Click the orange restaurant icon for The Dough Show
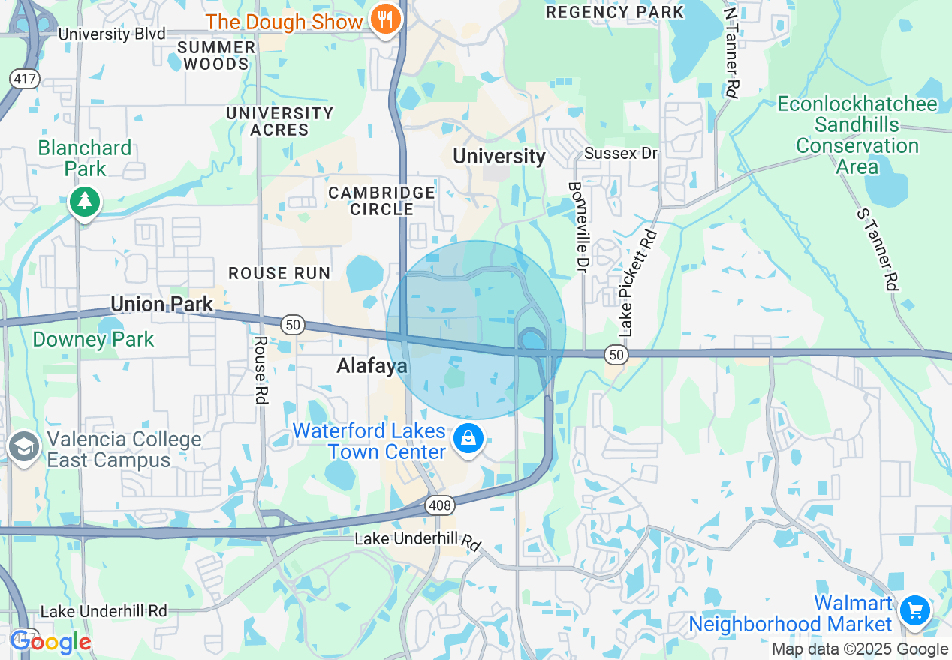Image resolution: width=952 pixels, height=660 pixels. (386, 20)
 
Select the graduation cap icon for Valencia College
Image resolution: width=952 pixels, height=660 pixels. (24, 447)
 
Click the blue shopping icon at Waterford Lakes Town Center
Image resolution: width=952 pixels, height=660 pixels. (468, 438)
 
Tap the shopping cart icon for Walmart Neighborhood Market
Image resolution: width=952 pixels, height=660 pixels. (914, 610)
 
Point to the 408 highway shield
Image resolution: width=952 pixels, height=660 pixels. (440, 505)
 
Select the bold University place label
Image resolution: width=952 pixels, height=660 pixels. (499, 156)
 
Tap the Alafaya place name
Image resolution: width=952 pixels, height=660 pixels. (372, 366)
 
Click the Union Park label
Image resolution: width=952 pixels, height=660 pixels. (161, 304)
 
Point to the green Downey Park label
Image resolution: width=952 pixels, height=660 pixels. (93, 339)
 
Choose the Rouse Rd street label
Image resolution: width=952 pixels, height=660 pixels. (261, 370)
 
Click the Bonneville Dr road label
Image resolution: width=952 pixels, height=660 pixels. (576, 226)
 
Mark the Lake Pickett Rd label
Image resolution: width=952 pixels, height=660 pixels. (638, 283)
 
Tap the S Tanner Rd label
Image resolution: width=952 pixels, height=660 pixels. (878, 248)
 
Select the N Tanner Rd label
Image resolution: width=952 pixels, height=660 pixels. (731, 52)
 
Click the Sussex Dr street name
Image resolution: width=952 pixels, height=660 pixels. (620, 154)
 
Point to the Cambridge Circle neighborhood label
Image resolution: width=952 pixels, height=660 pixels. (381, 201)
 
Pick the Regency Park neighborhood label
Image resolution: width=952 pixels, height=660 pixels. (615, 12)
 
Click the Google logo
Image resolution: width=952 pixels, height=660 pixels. (50, 643)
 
